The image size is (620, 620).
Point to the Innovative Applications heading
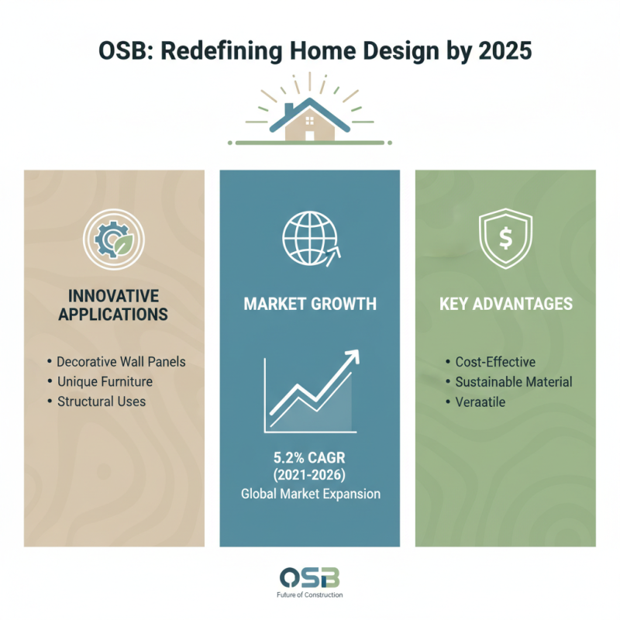pos(114,305)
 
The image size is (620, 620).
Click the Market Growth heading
pos(310,304)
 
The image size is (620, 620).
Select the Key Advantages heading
pos(505,304)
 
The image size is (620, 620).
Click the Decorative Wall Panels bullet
pos(121,362)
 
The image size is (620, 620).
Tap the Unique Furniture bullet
pos(104,382)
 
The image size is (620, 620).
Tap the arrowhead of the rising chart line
pos(353,356)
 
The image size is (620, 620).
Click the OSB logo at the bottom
pos(310,578)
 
